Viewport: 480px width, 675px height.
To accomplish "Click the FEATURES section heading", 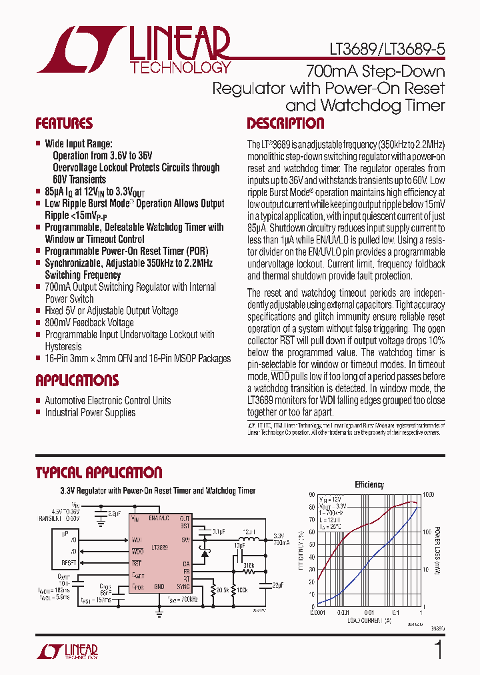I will coord(64,123).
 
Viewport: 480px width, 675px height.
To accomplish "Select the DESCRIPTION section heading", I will coord(285,123).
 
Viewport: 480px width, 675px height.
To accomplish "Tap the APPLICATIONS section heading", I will coord(77,381).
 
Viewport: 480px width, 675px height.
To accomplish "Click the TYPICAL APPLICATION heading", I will coord(99,473).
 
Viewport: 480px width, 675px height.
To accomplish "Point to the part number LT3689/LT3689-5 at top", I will coord(387,49).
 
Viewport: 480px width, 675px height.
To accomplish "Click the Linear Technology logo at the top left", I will coord(133,49).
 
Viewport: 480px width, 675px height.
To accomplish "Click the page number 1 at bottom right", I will coord(438,650).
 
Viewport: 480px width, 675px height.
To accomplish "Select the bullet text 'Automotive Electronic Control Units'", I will coord(107,400).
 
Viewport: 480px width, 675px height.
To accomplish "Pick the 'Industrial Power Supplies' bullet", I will coord(90,412).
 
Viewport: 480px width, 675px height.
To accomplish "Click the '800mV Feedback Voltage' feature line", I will coord(89,322).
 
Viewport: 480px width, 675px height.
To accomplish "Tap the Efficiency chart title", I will coord(369,485).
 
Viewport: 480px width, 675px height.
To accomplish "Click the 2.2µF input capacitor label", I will coord(114,514).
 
